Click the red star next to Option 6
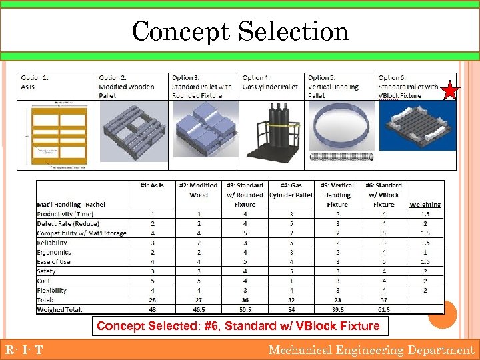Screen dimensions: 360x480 451,89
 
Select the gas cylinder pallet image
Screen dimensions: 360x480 273,134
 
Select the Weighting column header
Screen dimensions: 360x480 425,205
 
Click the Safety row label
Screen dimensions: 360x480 46,271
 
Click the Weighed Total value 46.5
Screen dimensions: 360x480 198,310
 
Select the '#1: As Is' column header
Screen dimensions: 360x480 152,185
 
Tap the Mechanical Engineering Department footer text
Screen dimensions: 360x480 371,350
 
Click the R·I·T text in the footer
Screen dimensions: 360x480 24,350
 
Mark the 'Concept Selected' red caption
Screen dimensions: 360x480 238,326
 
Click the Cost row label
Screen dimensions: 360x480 43,281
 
